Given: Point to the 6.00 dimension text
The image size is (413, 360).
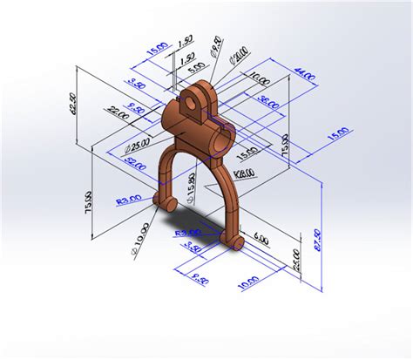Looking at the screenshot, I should (x=261, y=237).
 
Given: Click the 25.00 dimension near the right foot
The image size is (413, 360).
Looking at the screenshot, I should (x=296, y=260).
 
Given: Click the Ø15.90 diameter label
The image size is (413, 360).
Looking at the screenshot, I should (x=190, y=185).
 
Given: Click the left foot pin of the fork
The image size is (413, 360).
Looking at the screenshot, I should (x=162, y=202).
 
